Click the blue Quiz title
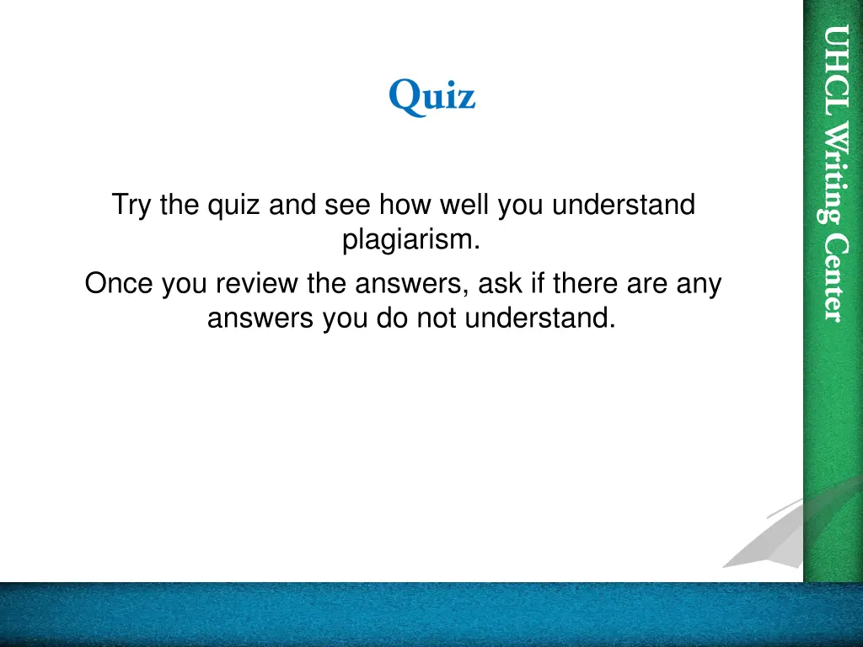point(431,97)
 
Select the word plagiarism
point(411,240)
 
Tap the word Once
point(120,284)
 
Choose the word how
point(401,205)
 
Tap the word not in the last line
point(437,319)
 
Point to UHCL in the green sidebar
point(834,72)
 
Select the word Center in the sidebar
point(834,277)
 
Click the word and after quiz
point(292,205)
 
